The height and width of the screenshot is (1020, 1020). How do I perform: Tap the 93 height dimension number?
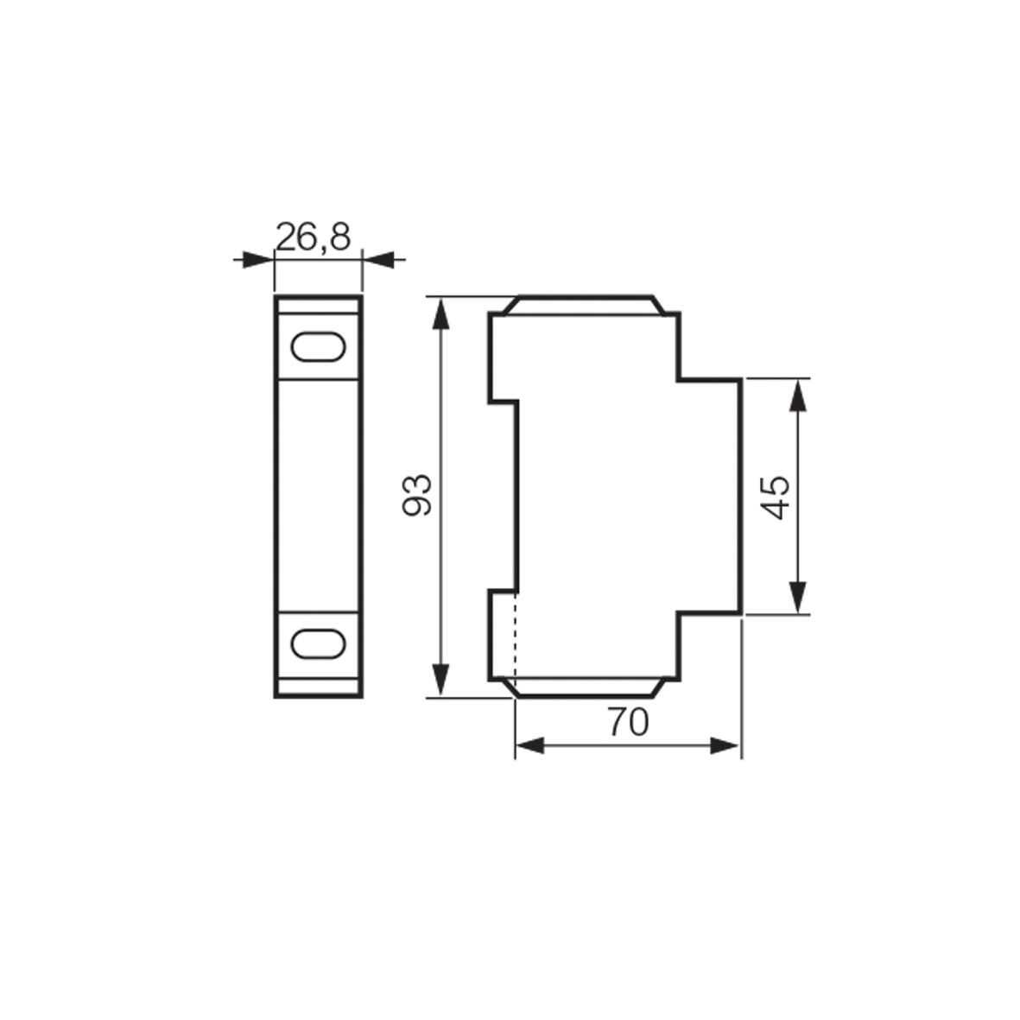(417, 495)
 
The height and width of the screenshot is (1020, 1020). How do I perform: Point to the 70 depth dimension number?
(629, 721)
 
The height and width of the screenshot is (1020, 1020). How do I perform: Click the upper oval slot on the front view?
(318, 346)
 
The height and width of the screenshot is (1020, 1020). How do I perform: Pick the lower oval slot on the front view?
(318, 644)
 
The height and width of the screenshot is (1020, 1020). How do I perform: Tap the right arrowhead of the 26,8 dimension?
(378, 260)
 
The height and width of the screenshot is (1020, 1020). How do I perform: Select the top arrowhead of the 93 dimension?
(441, 314)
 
